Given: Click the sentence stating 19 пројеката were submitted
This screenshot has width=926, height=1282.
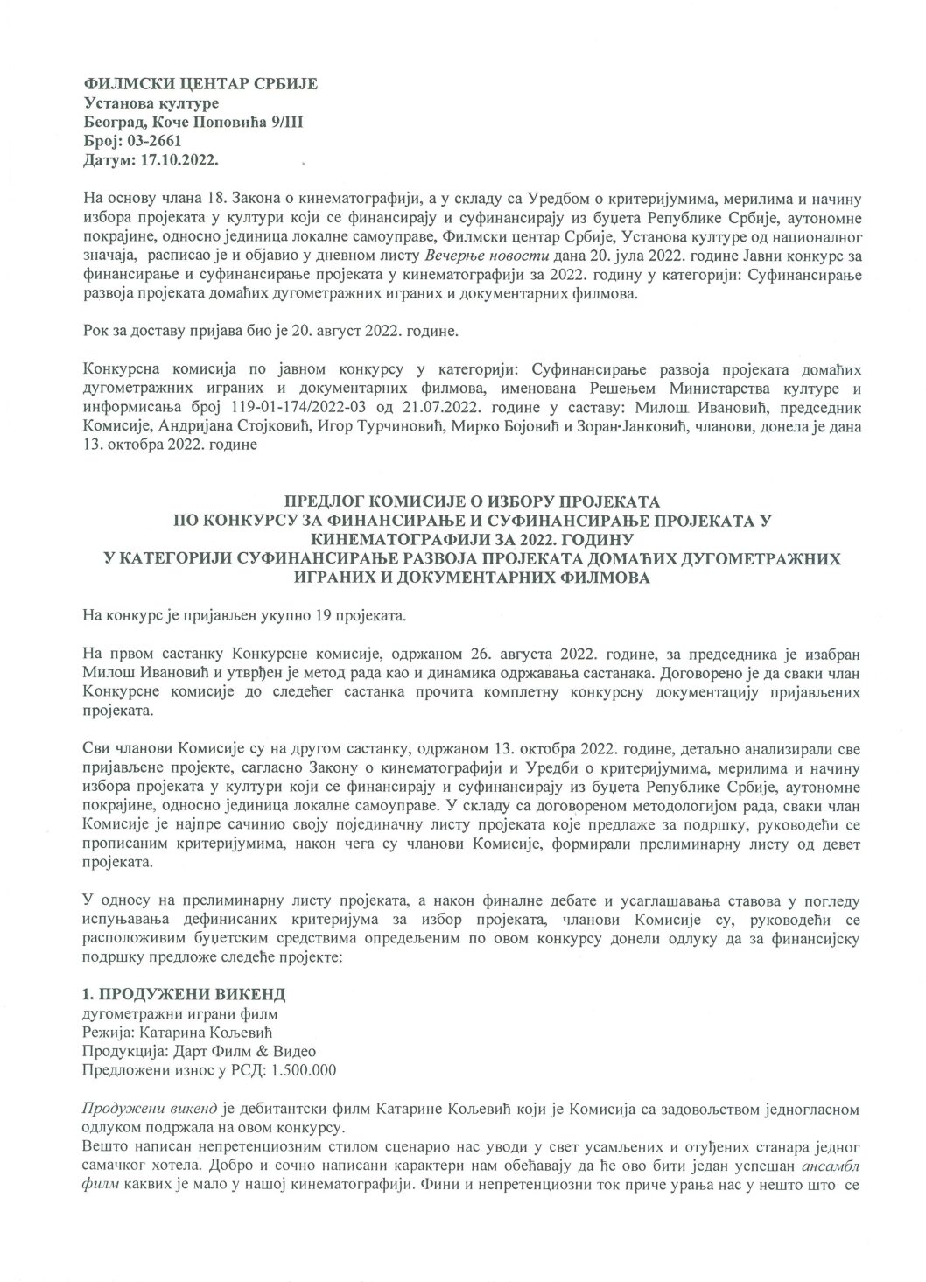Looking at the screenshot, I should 246,617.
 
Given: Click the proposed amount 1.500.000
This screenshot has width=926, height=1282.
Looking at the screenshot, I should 305,1069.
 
